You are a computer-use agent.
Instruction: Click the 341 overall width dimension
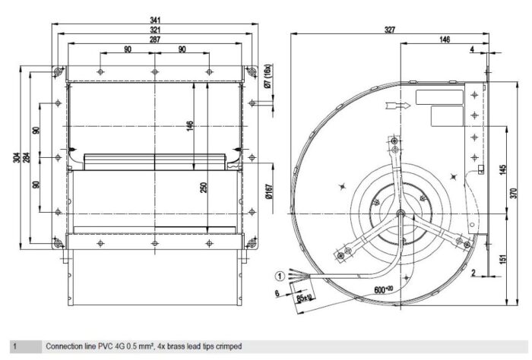click(x=155, y=21)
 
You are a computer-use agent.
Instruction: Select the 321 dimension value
click(x=155, y=30)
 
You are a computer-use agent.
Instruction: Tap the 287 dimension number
click(x=155, y=39)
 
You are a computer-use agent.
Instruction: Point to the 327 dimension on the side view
click(x=390, y=30)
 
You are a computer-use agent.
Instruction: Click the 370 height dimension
click(x=514, y=193)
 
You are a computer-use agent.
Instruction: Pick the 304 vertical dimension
click(x=17, y=158)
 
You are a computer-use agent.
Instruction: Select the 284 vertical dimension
click(x=27, y=158)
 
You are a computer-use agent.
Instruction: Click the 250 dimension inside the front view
click(x=203, y=188)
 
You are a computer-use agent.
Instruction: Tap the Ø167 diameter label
click(x=269, y=191)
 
